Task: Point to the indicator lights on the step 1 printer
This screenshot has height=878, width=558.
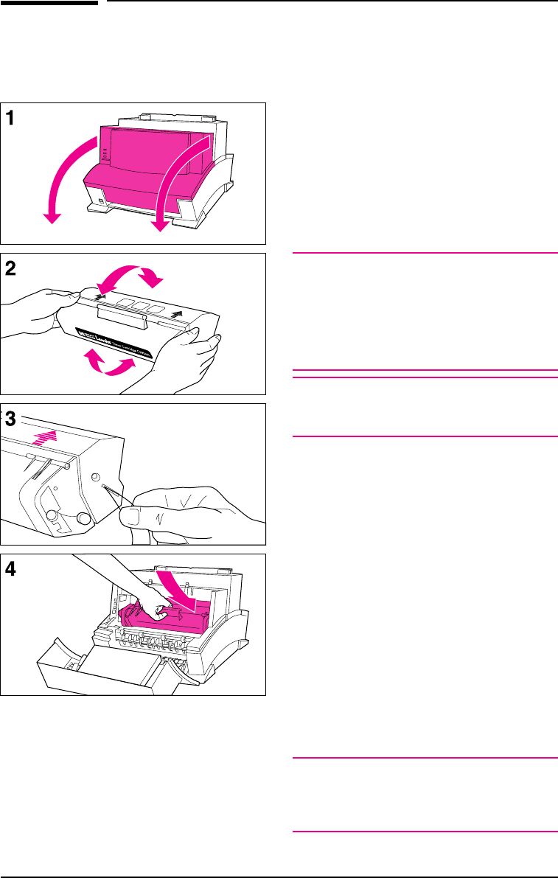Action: (x=105, y=154)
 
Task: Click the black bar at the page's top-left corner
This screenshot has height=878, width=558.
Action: (x=49, y=2)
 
